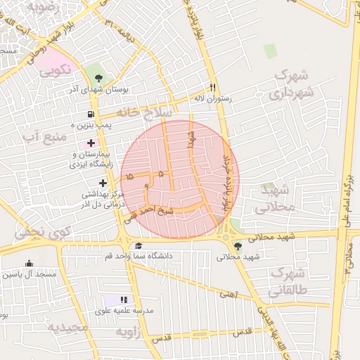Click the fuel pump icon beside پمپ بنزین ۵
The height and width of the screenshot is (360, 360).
[x=91, y=115]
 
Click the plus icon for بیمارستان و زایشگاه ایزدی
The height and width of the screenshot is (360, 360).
[x=91, y=143]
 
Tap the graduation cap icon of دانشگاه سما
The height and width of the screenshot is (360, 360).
[x=139, y=245]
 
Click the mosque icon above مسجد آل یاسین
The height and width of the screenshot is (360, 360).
[x=29, y=264]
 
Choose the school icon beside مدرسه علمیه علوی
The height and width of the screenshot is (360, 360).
[x=125, y=300]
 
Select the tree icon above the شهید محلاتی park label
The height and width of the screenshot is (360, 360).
[x=238, y=246]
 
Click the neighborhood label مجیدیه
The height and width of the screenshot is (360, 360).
[x=67, y=328]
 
